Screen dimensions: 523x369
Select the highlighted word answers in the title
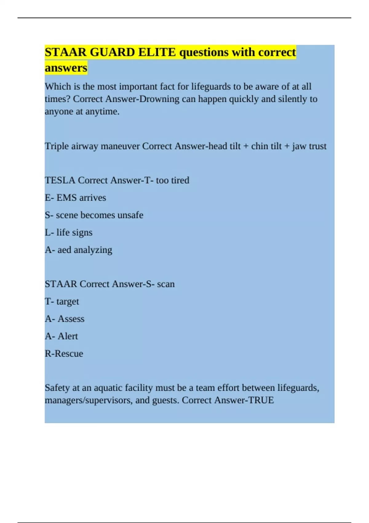(66, 68)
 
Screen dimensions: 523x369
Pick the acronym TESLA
(60, 180)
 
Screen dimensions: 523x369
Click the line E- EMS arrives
(75, 198)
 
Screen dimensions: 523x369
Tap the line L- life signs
(69, 233)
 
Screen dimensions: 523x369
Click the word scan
(166, 284)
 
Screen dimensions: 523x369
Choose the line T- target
(62, 301)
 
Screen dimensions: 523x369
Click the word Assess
(71, 319)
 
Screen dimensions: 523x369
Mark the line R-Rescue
(64, 354)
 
